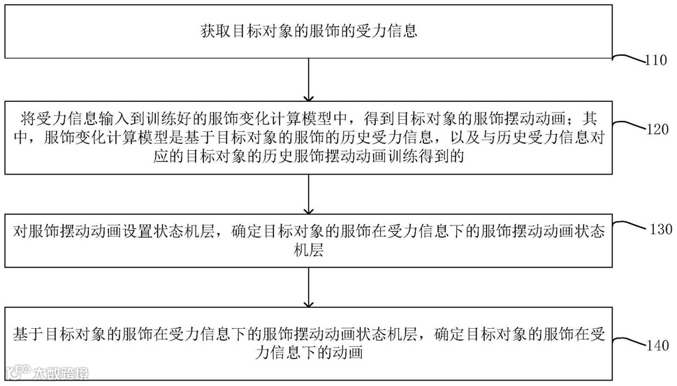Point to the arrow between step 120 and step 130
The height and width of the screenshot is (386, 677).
308,193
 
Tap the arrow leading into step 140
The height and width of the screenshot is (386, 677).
308,287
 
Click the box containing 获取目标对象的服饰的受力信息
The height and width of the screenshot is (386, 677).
308,30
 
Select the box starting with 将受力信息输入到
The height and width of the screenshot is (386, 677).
308,138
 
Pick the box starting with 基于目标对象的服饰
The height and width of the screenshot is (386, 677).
308,342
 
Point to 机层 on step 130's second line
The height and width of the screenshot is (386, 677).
308,251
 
